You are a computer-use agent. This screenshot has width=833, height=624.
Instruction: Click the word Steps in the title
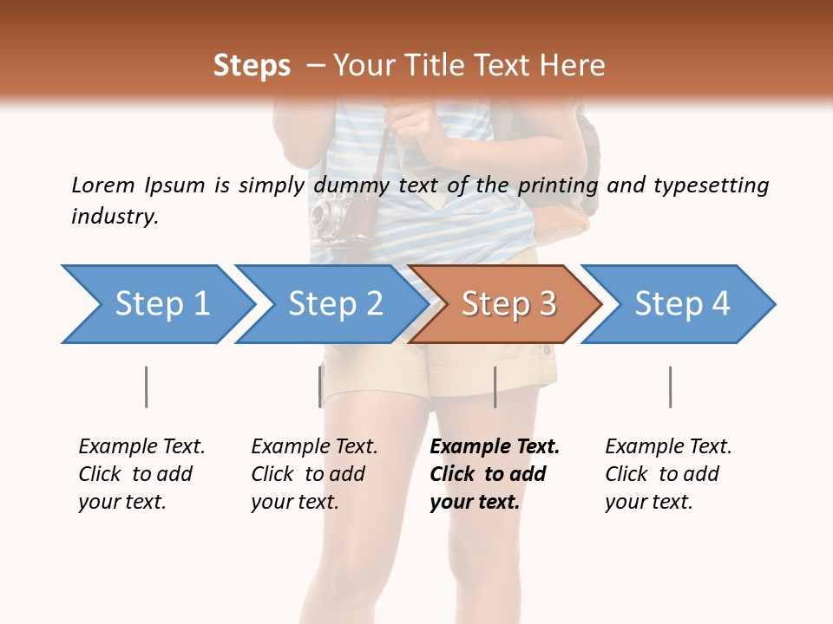point(252,66)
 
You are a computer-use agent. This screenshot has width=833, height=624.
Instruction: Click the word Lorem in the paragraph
point(103,185)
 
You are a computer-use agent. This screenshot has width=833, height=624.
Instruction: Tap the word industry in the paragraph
point(115,216)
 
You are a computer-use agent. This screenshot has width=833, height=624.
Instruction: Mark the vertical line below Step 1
point(146,387)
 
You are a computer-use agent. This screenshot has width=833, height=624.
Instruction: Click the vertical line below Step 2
point(320,387)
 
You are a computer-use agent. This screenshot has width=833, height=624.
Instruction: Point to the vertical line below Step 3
point(495,387)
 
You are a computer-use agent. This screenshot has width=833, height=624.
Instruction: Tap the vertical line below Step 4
point(670,387)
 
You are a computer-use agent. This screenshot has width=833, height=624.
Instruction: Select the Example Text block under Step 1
point(141,474)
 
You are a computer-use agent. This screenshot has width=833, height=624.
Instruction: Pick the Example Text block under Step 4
point(668,474)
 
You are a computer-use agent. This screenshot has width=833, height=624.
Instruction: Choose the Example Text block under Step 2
point(314,474)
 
